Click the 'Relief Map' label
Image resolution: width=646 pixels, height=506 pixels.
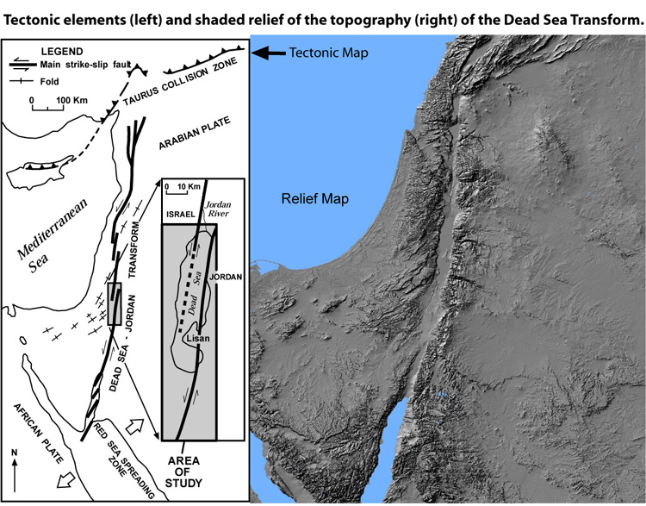pos(314,199)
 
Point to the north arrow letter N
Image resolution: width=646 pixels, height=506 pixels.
pos(15,452)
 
